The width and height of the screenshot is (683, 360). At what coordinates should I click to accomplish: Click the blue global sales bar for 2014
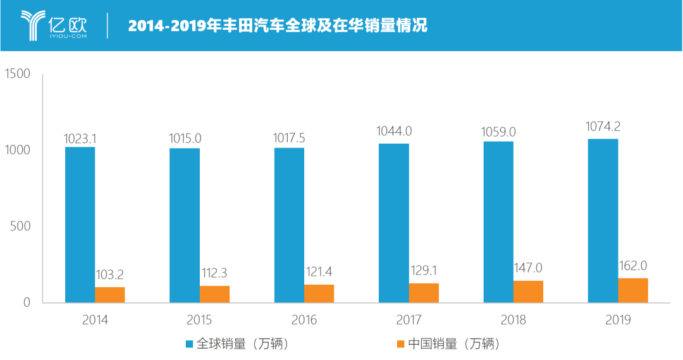click(x=80, y=225)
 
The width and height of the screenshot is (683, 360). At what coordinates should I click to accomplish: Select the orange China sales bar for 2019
click(x=633, y=290)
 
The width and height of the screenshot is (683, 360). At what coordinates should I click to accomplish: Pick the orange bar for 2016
click(x=319, y=294)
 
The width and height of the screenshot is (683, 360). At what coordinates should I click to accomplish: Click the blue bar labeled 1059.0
click(x=498, y=221)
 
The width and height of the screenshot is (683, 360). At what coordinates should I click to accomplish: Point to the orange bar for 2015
click(x=214, y=294)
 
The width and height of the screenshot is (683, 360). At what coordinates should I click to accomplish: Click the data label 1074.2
click(x=603, y=127)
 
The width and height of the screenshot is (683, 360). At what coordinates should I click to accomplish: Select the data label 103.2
click(x=110, y=275)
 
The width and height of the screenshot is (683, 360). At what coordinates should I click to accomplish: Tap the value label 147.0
click(x=528, y=268)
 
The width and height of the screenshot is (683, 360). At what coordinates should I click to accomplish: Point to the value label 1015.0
click(x=185, y=137)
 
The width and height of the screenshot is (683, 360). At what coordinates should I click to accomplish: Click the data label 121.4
click(x=319, y=272)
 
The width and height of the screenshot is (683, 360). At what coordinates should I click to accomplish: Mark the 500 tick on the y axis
click(x=21, y=227)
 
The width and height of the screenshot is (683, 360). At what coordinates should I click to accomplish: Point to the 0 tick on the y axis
click(x=27, y=302)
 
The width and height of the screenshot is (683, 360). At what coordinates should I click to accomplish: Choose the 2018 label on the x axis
click(x=514, y=320)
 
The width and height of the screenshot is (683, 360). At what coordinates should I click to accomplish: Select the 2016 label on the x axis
click(x=304, y=320)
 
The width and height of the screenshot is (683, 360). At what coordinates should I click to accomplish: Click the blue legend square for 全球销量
click(x=189, y=344)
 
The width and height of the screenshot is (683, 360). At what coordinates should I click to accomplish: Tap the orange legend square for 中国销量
click(x=400, y=344)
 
